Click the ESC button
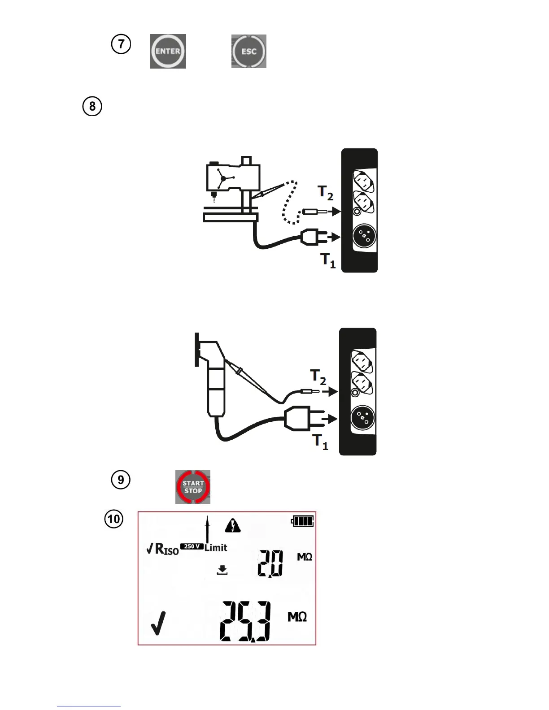point(249,51)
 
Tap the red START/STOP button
point(193,487)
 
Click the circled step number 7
point(121,44)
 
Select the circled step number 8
point(92,107)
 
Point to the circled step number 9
point(121,480)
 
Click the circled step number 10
point(114,519)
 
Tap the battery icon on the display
point(303,521)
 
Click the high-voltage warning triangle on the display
point(233,525)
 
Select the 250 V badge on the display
point(192,546)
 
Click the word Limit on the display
point(216,548)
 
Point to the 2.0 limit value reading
point(270,563)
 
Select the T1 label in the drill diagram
point(327,260)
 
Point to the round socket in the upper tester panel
point(364,235)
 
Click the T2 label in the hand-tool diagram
point(318,377)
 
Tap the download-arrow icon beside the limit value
point(222,570)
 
